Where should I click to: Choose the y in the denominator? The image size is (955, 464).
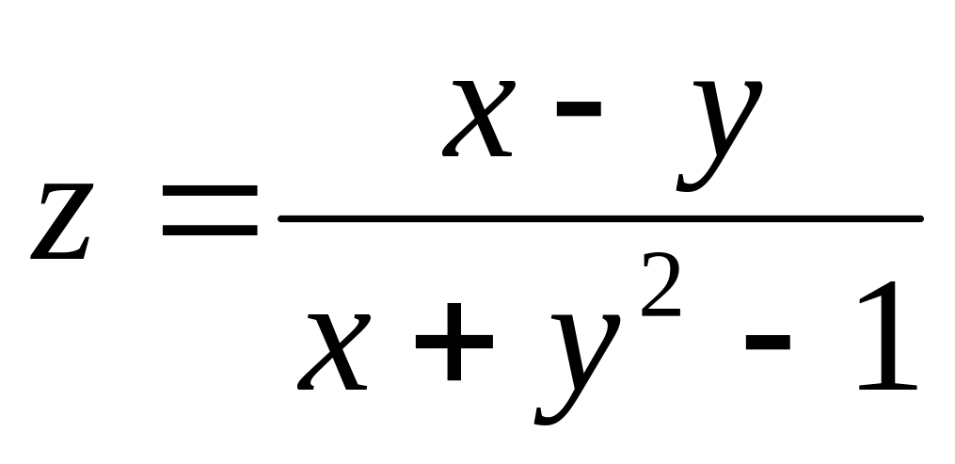[570, 362]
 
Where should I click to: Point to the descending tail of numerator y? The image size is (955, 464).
[692, 184]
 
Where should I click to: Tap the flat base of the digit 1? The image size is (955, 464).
[880, 386]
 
